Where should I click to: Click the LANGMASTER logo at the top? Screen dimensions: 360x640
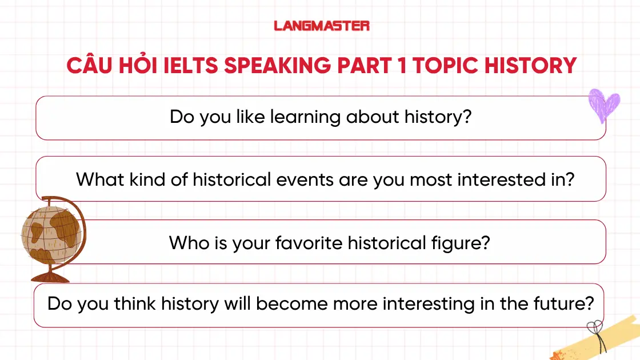pos(322,26)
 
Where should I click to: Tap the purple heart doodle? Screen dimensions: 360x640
pos(604,106)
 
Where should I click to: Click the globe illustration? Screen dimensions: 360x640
pos(50,234)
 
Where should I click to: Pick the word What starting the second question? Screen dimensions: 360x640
pos(98,180)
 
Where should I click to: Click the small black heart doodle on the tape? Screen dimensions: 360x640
pos(594,328)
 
